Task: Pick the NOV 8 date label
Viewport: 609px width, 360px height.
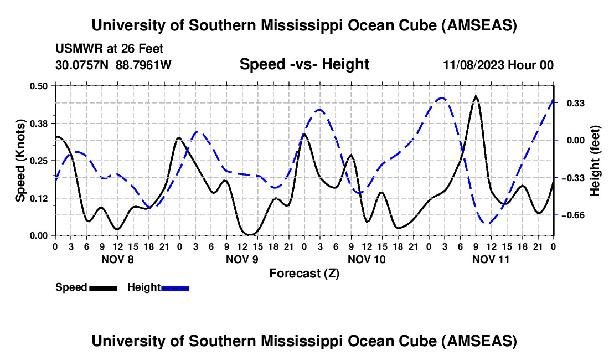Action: [x=117, y=259]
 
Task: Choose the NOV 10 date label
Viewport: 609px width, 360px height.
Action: [x=367, y=259]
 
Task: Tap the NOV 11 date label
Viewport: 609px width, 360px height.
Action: [x=491, y=259]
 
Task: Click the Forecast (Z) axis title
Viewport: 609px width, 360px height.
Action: [x=304, y=273]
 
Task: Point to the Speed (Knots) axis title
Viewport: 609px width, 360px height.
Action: [x=20, y=160]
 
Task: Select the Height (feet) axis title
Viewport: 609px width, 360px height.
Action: [x=595, y=161]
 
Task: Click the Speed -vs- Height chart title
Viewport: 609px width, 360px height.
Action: [x=304, y=64]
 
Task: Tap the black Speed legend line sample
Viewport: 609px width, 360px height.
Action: [x=103, y=288]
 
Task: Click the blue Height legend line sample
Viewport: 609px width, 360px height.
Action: [x=175, y=288]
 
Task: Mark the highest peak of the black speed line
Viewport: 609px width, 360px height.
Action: [x=476, y=96]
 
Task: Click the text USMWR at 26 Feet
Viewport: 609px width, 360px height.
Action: [x=110, y=49]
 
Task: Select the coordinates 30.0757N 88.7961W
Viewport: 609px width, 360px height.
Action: [x=113, y=65]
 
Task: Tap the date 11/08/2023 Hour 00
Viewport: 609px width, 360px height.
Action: [x=498, y=65]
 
